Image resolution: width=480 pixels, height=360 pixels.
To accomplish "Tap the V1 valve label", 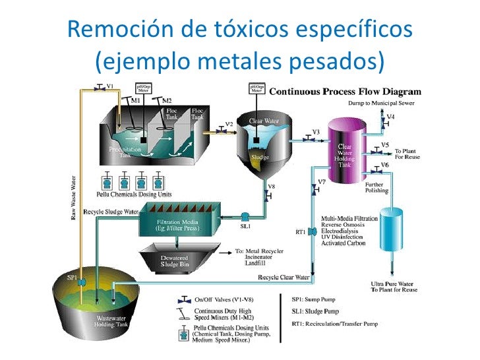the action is (x=110, y=86).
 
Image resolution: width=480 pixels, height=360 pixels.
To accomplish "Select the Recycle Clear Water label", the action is (x=284, y=277).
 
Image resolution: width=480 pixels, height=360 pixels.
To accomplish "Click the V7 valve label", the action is (x=322, y=181).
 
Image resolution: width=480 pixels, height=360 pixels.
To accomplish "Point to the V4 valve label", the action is (x=391, y=117).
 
